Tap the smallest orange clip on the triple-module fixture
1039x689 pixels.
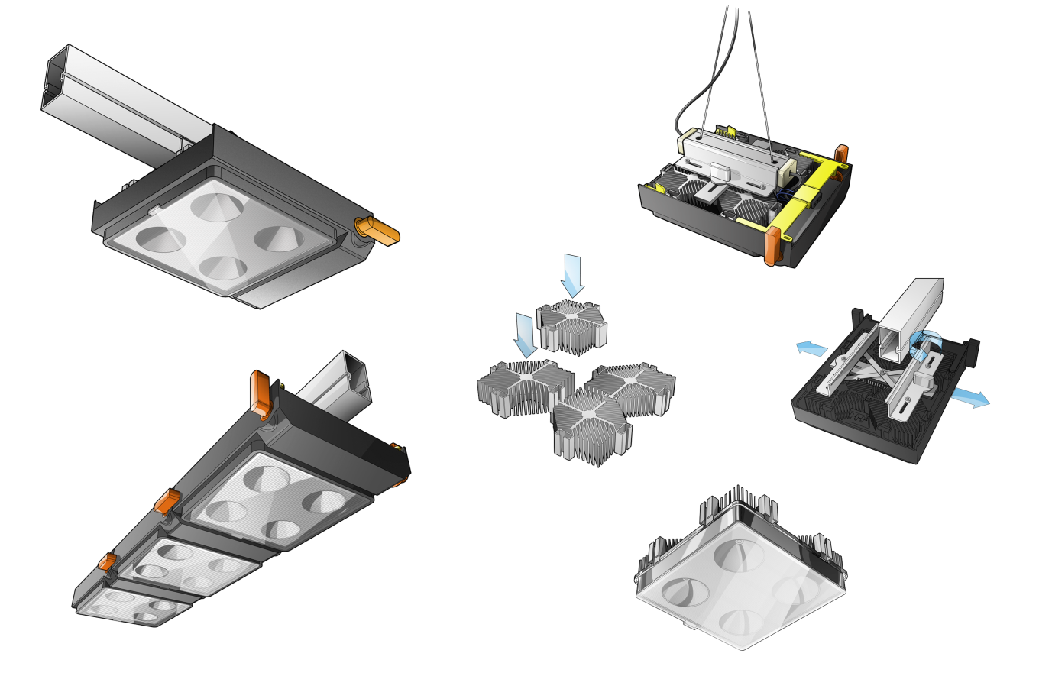(x=107, y=564)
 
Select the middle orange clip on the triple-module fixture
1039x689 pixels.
(x=167, y=502)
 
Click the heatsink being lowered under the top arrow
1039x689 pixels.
(x=573, y=325)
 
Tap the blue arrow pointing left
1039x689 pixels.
(x=811, y=348)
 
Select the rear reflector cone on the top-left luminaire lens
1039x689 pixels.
(x=216, y=205)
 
